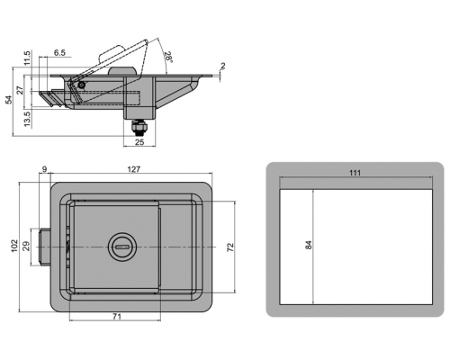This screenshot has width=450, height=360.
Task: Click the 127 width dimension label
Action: (134, 169)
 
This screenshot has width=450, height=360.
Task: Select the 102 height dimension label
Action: (14, 246)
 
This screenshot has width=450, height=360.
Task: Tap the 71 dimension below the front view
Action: (117, 317)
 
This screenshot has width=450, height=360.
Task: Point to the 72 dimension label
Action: (230, 247)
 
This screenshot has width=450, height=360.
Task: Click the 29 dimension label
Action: (26, 247)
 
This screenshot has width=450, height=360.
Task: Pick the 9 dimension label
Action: (44, 169)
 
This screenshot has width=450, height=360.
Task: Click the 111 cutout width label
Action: (355, 173)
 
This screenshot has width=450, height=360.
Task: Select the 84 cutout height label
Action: (309, 245)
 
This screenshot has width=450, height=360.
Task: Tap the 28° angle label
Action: (168, 57)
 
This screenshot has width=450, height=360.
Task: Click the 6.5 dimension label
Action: (59, 53)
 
